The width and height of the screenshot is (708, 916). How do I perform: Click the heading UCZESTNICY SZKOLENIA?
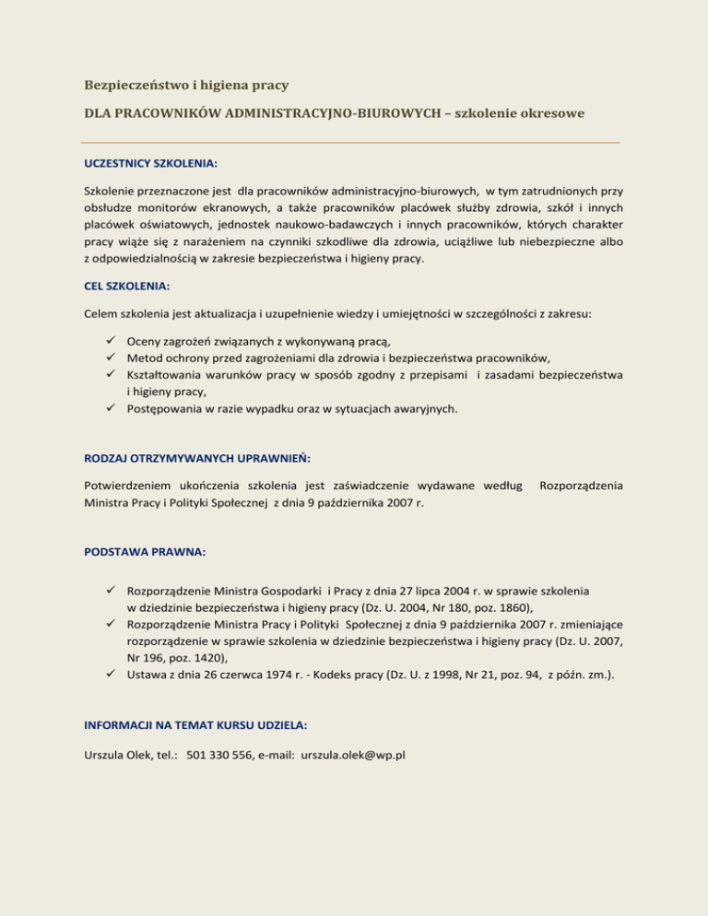click(149, 163)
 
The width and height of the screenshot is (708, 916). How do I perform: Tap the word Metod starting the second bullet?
click(144, 358)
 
